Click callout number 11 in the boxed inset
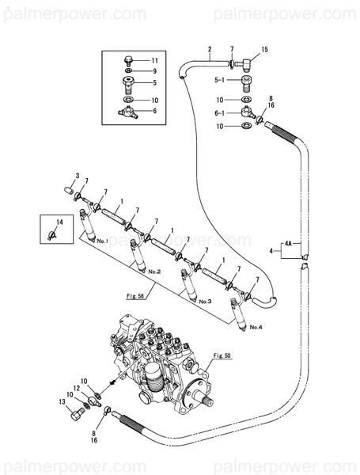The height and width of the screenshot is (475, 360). (x=155, y=60)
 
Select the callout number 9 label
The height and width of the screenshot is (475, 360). (x=155, y=70)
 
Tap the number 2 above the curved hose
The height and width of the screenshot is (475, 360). (x=209, y=50)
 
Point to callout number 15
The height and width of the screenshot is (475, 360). (x=264, y=50)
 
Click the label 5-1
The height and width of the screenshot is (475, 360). (x=221, y=81)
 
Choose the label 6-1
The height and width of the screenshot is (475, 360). (x=221, y=112)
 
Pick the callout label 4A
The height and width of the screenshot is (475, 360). (x=289, y=244)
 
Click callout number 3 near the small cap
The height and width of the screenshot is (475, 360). (x=78, y=175)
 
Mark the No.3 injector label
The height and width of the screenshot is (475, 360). (x=205, y=302)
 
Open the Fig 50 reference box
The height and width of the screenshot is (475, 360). (x=221, y=357)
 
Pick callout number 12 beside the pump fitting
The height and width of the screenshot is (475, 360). (x=78, y=388)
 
